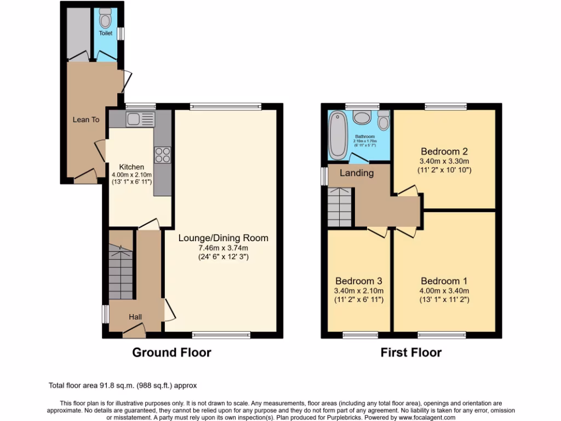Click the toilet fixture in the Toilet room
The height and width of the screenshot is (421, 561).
pyautogui.click(x=105, y=20)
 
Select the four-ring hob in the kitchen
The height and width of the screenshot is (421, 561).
pyautogui.click(x=163, y=155)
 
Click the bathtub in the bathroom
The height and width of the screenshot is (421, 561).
pyautogui.click(x=337, y=135)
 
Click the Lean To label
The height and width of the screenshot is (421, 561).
pyautogui.click(x=87, y=120)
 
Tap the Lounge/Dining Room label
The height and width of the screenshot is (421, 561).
pyautogui.click(x=223, y=238)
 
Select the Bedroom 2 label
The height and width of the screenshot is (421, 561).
pyautogui.click(x=444, y=151)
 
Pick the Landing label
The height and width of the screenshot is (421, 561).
pyautogui.click(x=357, y=173)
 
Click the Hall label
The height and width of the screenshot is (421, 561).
pyautogui.click(x=135, y=316)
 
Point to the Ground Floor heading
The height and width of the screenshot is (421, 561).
pyautogui.click(x=171, y=352)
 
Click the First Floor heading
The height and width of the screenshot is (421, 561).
pyautogui.click(x=411, y=352)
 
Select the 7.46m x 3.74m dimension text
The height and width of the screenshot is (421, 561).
pyautogui.click(x=223, y=248)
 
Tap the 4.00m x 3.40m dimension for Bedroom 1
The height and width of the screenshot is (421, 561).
pyautogui.click(x=445, y=291)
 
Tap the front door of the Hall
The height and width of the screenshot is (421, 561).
pyautogui.click(x=134, y=328)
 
